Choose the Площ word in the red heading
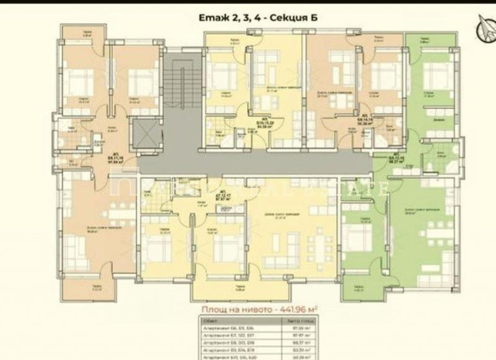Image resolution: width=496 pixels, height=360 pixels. (x=215, y=309)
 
